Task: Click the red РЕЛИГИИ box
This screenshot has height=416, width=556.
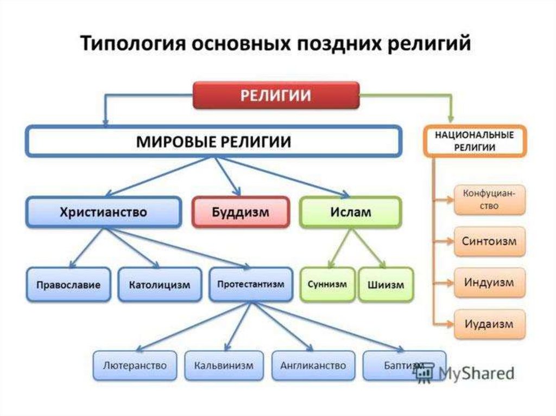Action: (x=276, y=95)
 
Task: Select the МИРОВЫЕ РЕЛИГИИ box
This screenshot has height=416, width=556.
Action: (x=213, y=143)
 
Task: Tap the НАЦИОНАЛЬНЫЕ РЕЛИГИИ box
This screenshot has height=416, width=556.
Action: (x=474, y=140)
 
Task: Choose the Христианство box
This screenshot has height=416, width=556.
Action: (x=103, y=212)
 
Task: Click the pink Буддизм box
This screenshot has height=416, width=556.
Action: (x=239, y=212)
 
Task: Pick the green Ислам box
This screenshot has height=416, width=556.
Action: (x=350, y=212)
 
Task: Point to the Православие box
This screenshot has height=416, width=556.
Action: (x=68, y=284)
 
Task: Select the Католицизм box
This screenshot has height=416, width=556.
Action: (x=160, y=284)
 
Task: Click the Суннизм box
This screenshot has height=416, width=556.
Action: (x=327, y=284)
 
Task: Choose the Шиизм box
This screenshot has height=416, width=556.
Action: (x=385, y=284)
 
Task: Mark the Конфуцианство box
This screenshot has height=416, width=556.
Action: (x=489, y=200)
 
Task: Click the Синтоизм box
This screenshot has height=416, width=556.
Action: (x=489, y=241)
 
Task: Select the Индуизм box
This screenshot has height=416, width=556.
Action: (x=489, y=283)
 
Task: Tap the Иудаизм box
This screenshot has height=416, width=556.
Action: (x=489, y=324)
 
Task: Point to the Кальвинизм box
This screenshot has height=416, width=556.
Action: (x=223, y=365)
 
